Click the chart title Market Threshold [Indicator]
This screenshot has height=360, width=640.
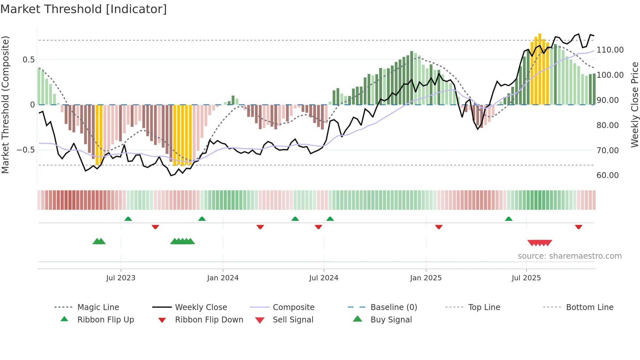click(84, 9)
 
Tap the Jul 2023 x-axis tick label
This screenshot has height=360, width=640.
click(120, 278)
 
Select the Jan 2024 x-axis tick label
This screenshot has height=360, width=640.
click(223, 278)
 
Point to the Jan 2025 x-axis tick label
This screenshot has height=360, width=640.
click(426, 278)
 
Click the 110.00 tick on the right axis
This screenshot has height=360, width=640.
click(610, 50)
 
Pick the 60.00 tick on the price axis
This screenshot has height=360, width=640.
click(607, 175)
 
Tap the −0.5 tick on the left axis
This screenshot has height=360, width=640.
click(26, 150)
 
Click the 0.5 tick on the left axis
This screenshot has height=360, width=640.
click(28, 60)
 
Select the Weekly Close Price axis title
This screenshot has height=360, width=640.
click(634, 105)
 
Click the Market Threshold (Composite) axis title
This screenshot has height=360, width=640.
click(5, 105)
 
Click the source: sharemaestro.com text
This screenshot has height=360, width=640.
click(569, 256)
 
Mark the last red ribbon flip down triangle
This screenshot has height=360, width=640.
click(579, 227)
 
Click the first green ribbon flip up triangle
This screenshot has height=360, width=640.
click(128, 219)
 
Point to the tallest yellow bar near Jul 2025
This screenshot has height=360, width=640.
click(540, 69)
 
